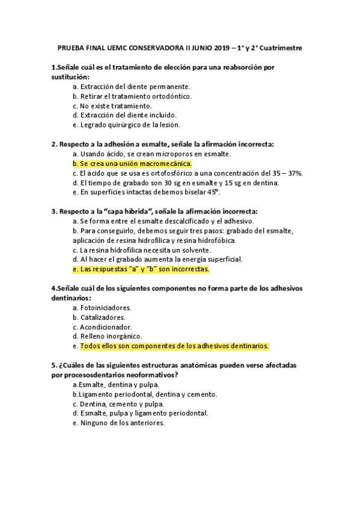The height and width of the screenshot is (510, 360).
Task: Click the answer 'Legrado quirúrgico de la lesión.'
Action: [126, 124]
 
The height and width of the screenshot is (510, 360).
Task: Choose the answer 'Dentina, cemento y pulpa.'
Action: [117, 404]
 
